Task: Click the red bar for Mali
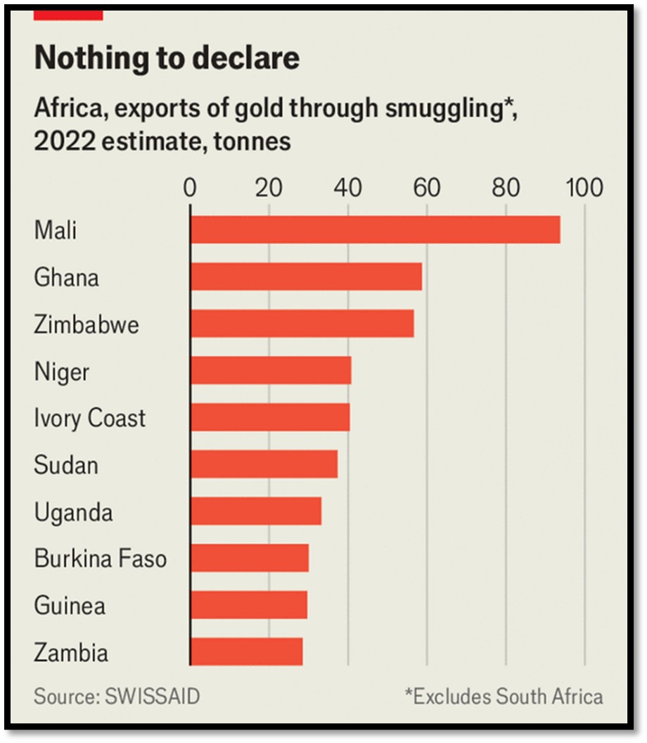pyautogui.click(x=375, y=230)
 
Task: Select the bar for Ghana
pyautogui.click(x=306, y=277)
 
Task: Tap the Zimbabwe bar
pyautogui.click(x=302, y=324)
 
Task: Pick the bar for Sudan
pyautogui.click(x=264, y=464)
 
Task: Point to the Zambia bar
pyautogui.click(x=246, y=652)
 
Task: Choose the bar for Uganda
pyautogui.click(x=255, y=511)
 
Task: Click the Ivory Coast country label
pyautogui.click(x=89, y=418)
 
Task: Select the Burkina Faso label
pyautogui.click(x=101, y=559)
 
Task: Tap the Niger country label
pyautogui.click(x=62, y=371)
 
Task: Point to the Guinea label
pyautogui.click(x=70, y=605)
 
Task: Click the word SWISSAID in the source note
pyautogui.click(x=152, y=697)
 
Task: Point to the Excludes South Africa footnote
pyautogui.click(x=504, y=697)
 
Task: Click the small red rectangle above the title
pyautogui.click(x=68, y=13)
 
